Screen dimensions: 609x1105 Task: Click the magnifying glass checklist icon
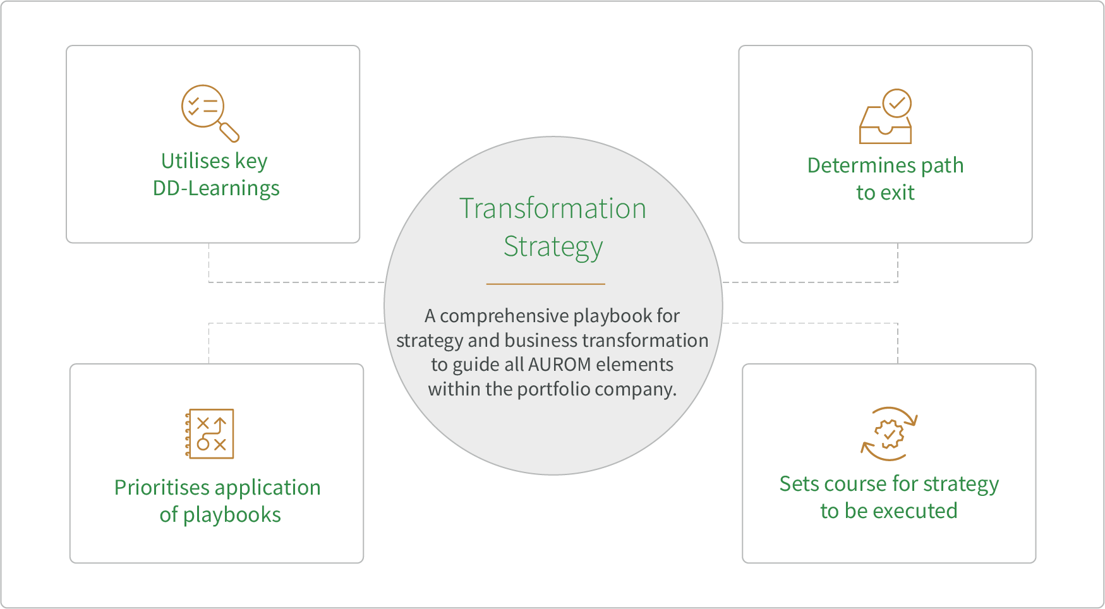click(210, 112)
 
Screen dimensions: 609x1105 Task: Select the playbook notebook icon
click(210, 433)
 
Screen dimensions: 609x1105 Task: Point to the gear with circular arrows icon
click(889, 434)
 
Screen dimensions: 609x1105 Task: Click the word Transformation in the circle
click(553, 208)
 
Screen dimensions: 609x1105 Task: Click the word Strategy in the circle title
click(553, 246)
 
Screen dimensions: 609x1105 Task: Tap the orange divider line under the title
click(545, 284)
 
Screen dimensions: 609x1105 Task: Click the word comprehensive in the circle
click(495, 315)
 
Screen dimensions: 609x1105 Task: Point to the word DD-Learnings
click(216, 188)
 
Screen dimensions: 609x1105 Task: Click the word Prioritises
click(162, 488)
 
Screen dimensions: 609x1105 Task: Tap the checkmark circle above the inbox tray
click(897, 103)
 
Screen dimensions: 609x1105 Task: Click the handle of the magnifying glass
click(229, 132)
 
